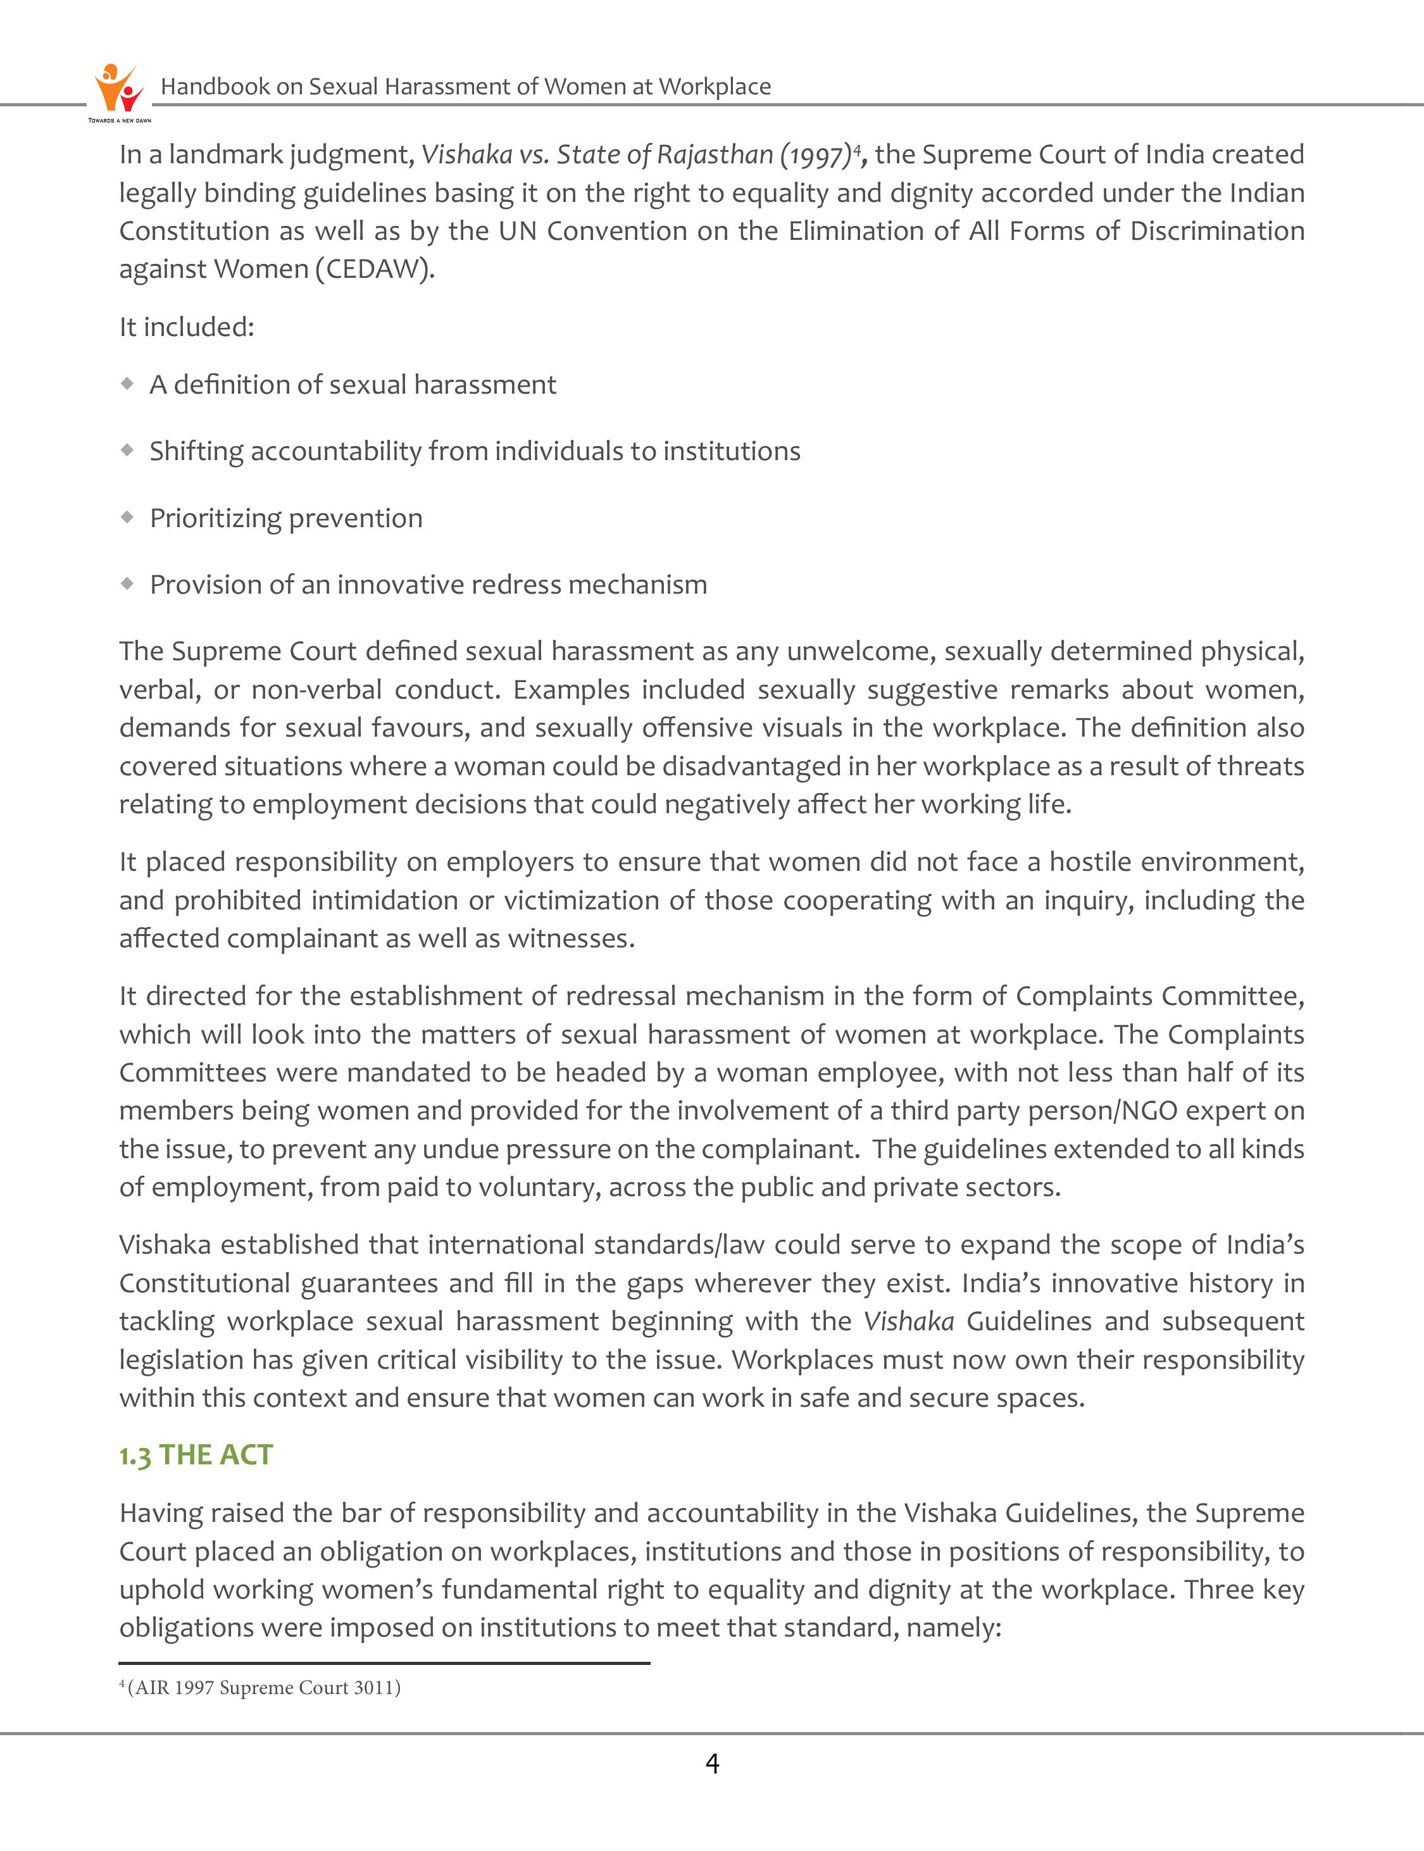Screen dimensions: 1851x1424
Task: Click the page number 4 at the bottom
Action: pos(712,1764)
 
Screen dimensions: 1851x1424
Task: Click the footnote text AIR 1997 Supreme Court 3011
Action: pos(264,1688)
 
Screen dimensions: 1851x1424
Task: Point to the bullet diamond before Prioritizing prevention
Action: pos(127,517)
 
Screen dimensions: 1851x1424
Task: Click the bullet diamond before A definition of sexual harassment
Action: pos(127,384)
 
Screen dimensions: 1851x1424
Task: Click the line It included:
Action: pos(187,327)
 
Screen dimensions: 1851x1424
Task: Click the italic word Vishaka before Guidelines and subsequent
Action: pos(909,1321)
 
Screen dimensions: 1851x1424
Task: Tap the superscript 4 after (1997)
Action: pos(857,148)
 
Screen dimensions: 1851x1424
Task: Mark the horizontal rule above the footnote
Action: pos(384,1663)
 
